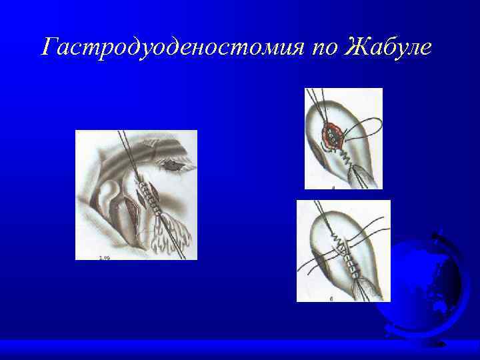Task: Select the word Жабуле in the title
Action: point(389,47)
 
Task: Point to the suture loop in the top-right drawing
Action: point(373,130)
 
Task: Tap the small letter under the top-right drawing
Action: point(333,188)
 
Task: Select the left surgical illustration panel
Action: point(136,195)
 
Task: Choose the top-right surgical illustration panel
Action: point(343,139)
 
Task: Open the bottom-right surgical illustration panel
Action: point(343,250)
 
